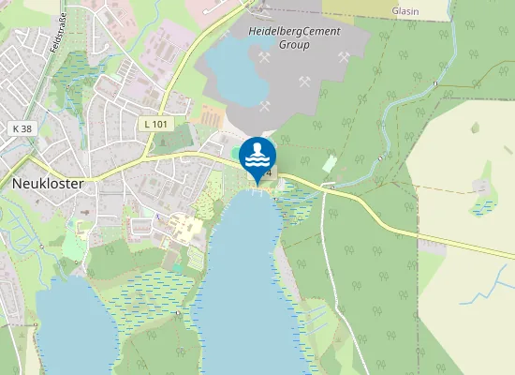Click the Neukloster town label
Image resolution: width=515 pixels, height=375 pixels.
pos(48,184)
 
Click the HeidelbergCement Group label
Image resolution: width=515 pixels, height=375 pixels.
pos(293,37)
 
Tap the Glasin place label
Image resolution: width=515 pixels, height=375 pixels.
pos(405,11)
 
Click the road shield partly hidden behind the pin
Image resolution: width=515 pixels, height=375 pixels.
pos(271,172)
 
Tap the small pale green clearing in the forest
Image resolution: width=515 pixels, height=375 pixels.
pos(330,163)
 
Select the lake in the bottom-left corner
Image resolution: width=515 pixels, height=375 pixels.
pos(75,328)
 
